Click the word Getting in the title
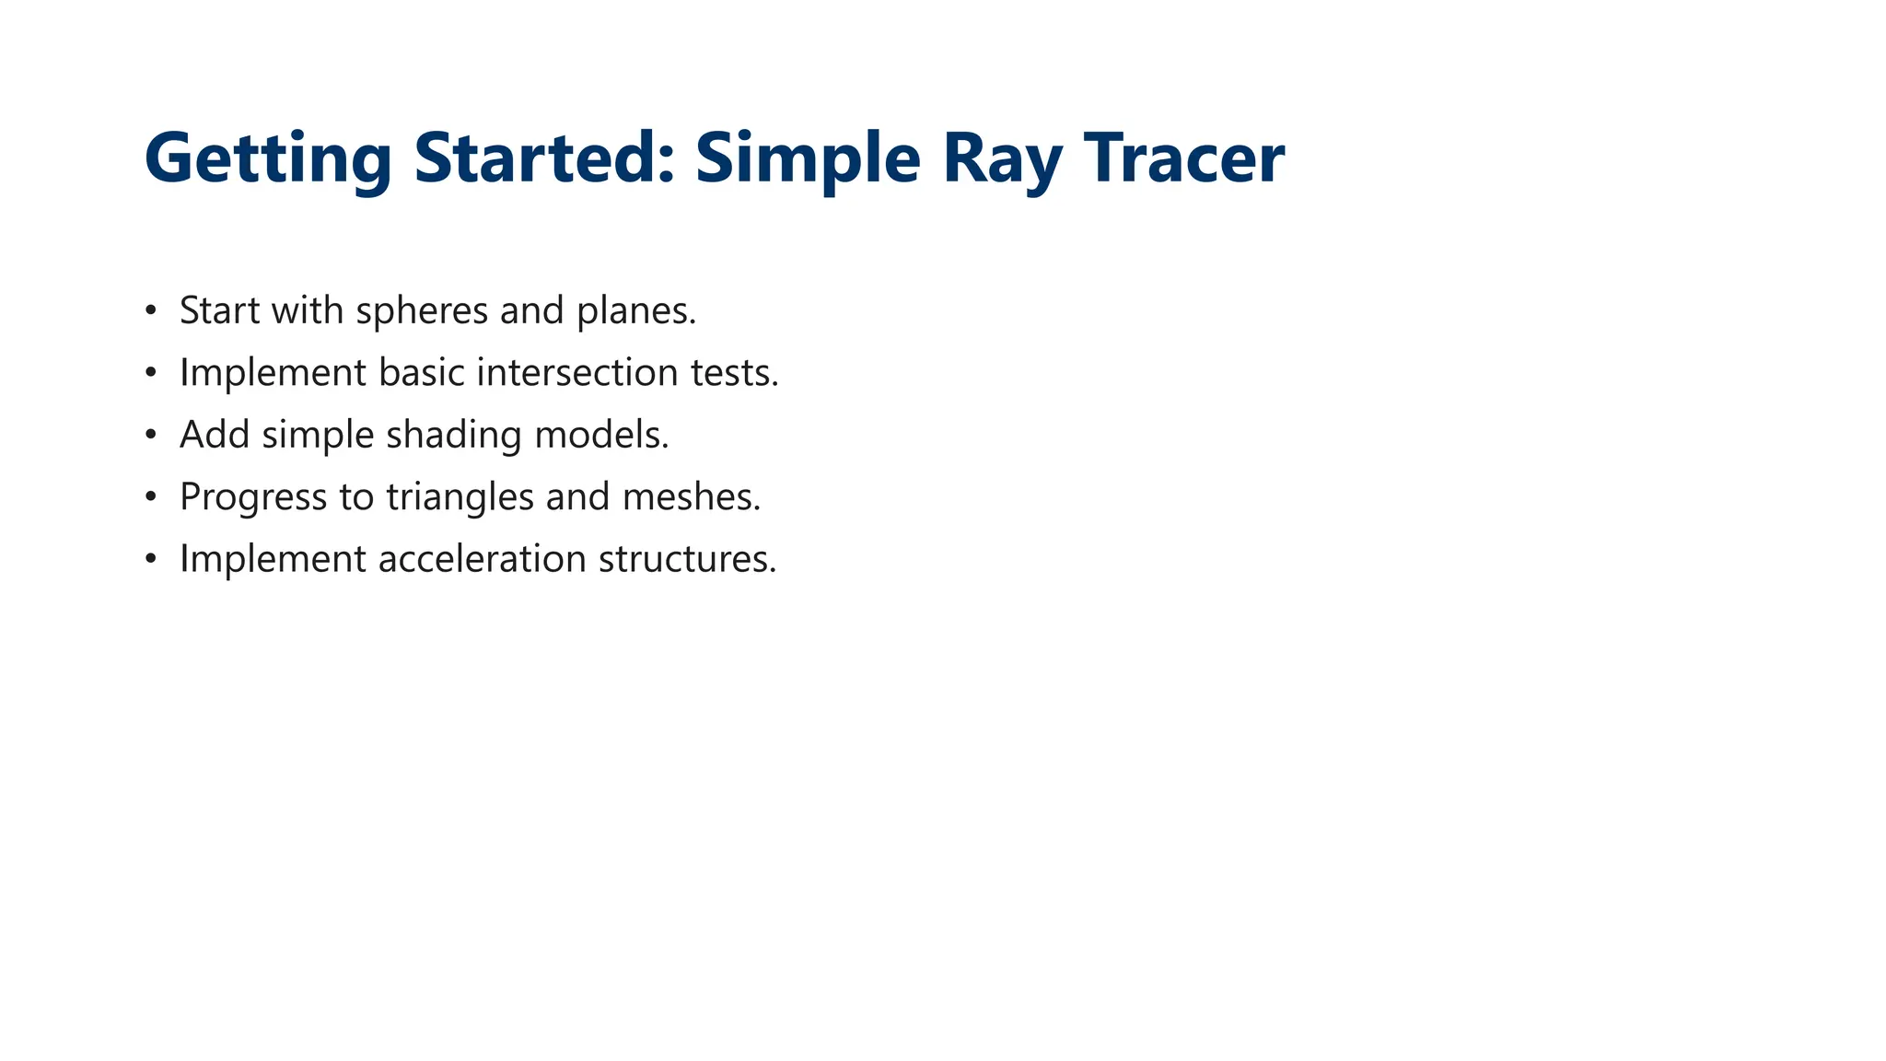coord(268,158)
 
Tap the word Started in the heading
coord(544,158)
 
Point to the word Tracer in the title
coord(1183,158)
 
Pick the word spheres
coord(421,311)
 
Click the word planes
coord(636,311)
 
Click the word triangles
coord(460,497)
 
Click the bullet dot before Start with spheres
coord(151,311)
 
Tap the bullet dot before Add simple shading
coord(151,435)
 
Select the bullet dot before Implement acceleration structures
coord(151,559)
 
